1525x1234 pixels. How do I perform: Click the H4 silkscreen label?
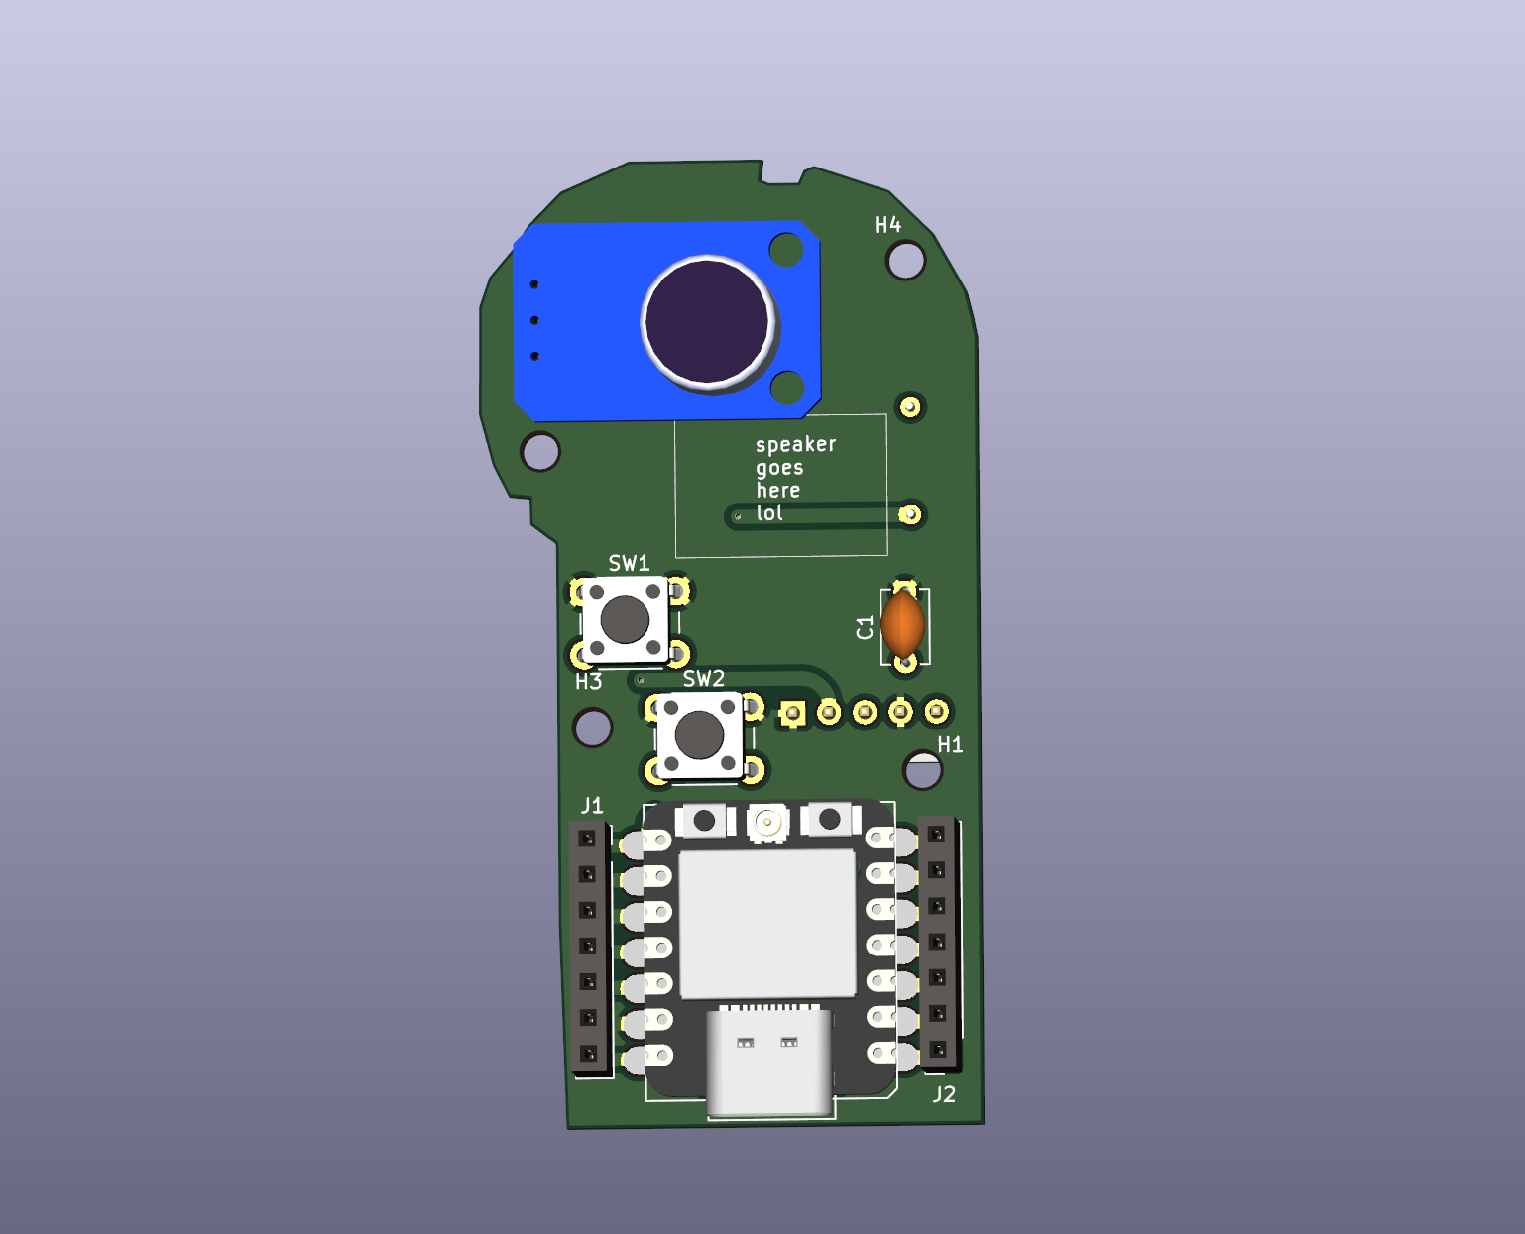pos(887,225)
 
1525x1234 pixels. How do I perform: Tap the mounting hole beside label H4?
pos(905,261)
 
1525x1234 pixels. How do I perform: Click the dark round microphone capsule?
pos(707,320)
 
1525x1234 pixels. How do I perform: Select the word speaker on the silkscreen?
pos(795,444)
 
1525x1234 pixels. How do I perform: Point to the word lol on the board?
pos(769,512)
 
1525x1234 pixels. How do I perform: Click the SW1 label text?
pos(629,563)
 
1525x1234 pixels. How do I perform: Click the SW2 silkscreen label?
pos(703,679)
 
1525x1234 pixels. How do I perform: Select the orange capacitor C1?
pos(902,623)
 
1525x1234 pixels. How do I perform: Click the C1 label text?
pos(865,627)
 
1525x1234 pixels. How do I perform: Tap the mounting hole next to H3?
pos(593,728)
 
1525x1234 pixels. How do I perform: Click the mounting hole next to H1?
pos(922,770)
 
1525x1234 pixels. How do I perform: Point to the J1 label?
pos(592,805)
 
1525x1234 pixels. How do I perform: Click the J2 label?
pos(944,1094)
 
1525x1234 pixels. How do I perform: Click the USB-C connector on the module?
pos(768,1060)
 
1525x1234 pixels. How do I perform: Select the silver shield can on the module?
pos(766,923)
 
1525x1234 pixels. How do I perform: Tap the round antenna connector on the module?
pos(766,822)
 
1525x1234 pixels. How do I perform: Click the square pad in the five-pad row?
pos(791,713)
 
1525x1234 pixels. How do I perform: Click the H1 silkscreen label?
pos(950,744)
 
